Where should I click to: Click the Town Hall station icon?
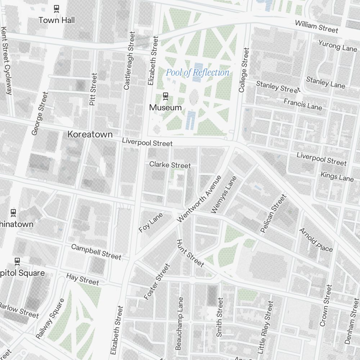pyautogui.click(x=57, y=8)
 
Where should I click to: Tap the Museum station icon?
pyautogui.click(x=166, y=96)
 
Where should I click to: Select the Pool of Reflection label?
pyautogui.click(x=197, y=73)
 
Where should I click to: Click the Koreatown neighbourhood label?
pyautogui.click(x=90, y=135)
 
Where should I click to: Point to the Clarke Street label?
pyautogui.click(x=170, y=165)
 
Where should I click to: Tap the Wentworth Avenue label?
pyautogui.click(x=199, y=199)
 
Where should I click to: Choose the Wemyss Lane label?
pyautogui.click(x=224, y=195)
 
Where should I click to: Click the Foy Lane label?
pyautogui.click(x=151, y=222)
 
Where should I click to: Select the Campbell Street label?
pyautogui.click(x=96, y=252)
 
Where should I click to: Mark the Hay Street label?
pyautogui.click(x=82, y=279)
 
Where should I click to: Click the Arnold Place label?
pyautogui.click(x=316, y=240)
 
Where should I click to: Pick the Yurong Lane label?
pyautogui.click(x=337, y=46)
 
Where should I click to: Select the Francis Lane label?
pyautogui.click(x=302, y=104)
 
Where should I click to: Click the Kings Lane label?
pyautogui.click(x=337, y=176)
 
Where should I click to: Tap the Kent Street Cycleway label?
pyautogui.click(x=6, y=60)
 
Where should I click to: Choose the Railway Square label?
pyautogui.click(x=50, y=319)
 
